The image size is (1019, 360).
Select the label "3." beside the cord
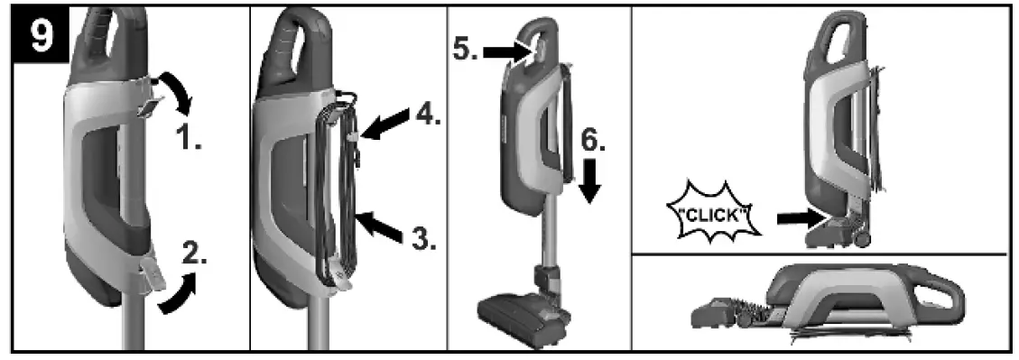pos(421,238)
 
